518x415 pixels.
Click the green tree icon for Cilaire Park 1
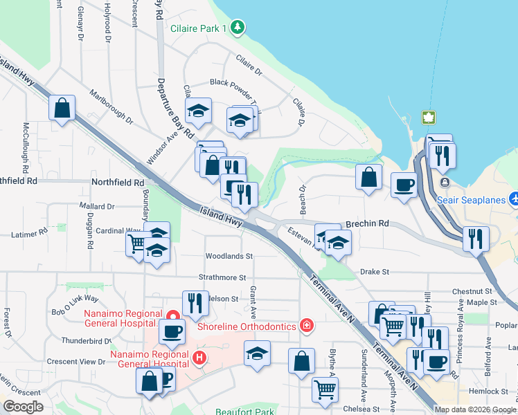click(238, 28)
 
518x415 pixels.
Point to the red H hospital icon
click(199, 358)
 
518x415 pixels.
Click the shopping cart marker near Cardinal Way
click(136, 243)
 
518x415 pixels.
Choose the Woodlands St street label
click(229, 257)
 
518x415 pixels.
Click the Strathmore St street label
click(223, 277)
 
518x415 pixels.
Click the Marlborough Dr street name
click(111, 106)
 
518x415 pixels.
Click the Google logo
click(23, 407)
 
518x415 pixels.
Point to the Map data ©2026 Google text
click(476, 409)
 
